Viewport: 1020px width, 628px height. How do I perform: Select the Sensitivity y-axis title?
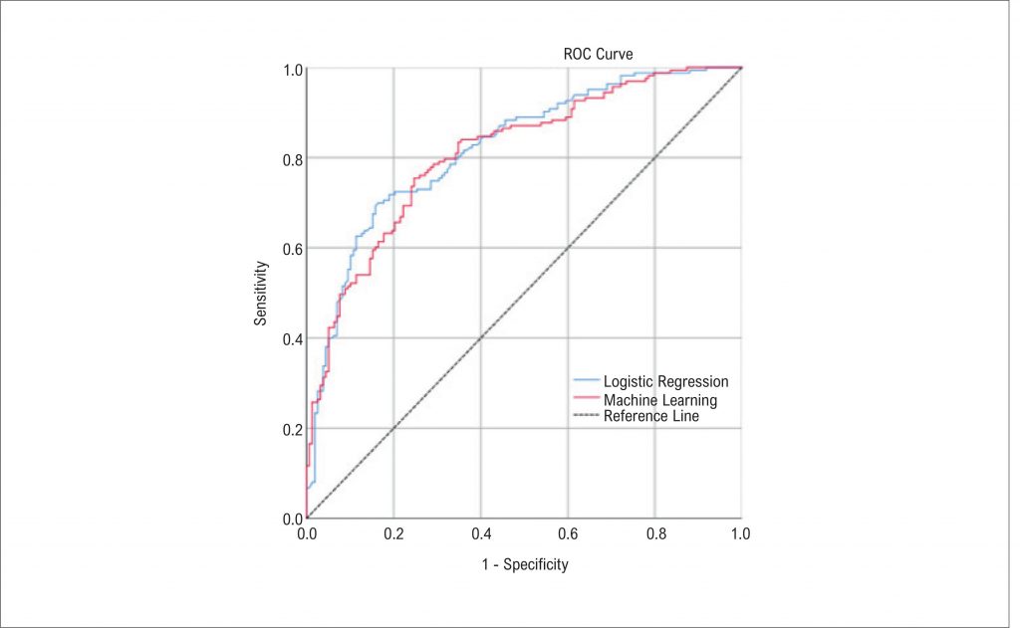tap(261, 293)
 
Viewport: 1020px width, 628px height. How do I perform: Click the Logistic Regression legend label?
tap(665, 381)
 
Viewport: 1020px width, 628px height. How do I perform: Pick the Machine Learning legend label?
tap(659, 400)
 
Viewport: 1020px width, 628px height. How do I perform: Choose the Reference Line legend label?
tap(650, 416)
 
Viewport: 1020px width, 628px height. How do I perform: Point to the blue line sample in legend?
tap(587, 381)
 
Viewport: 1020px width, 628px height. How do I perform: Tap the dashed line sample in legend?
tap(587, 416)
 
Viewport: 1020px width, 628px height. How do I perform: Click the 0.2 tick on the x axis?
tap(393, 534)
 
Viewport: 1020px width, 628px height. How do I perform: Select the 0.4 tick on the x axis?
tap(480, 534)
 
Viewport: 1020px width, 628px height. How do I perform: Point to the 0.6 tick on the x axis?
tap(568, 534)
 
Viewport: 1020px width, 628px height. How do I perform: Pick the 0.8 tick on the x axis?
tap(654, 534)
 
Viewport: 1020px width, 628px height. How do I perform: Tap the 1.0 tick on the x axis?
tap(741, 534)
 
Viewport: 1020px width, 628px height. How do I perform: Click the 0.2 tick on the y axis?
tap(291, 429)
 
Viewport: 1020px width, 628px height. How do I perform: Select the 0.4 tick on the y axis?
tap(291, 338)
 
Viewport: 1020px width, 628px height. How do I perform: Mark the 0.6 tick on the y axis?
tap(291, 249)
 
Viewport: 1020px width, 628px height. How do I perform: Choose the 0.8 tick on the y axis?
tap(291, 158)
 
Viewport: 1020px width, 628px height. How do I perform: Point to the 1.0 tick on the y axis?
tap(291, 69)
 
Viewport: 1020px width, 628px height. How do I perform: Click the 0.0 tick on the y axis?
tap(291, 519)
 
